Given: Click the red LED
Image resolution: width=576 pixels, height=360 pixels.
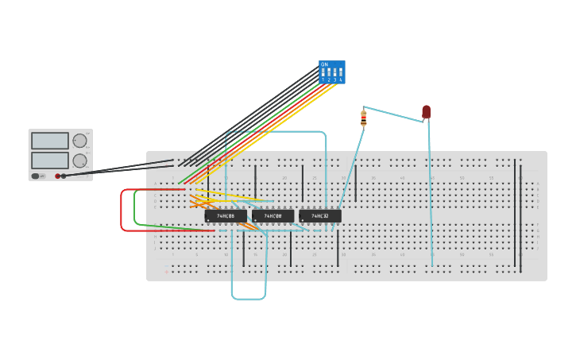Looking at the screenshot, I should coord(426,111).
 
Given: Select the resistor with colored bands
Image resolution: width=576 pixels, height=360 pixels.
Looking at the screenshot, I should coord(363,119).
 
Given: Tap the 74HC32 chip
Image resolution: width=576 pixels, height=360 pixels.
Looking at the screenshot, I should coord(320,216).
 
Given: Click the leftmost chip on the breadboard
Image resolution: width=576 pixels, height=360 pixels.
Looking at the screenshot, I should coord(226,216).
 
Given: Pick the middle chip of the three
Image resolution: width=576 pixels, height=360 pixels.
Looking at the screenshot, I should coord(273,216).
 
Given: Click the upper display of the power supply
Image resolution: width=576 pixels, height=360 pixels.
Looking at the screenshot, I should coord(49,141).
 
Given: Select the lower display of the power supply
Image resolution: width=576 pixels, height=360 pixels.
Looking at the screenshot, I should coord(49,160).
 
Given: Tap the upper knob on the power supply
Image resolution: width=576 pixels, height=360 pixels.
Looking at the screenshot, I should coord(79,141).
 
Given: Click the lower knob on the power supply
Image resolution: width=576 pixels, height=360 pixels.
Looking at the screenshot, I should coord(79,161).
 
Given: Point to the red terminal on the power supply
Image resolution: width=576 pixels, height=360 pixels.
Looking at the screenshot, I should coord(57,176).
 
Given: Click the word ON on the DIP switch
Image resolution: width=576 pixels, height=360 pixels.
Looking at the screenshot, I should coord(324,64).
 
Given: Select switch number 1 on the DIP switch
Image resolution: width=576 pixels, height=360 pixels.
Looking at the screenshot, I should coord(323,74).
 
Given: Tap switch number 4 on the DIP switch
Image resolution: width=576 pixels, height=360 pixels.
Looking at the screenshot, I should coord(341,74).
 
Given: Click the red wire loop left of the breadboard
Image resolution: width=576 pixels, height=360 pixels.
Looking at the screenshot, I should coord(122,211).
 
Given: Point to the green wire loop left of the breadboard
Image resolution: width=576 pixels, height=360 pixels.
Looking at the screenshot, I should coord(135,208).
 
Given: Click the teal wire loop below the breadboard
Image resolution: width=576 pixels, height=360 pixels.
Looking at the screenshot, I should coord(249,299).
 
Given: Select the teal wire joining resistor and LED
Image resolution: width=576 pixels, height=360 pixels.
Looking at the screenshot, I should coord(393,114).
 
